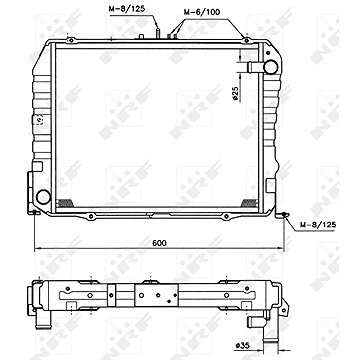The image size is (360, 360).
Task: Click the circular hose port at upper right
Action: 267,66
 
